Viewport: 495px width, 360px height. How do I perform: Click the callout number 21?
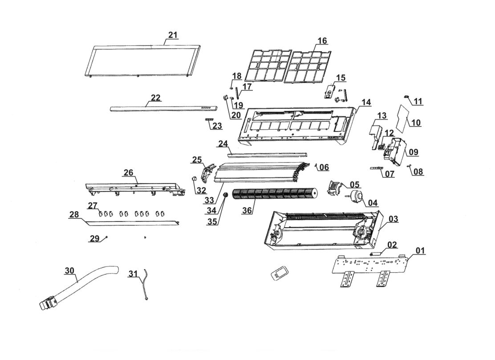point(173,35)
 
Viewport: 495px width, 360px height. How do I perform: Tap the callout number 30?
point(69,270)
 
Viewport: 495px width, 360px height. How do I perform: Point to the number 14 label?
point(365,102)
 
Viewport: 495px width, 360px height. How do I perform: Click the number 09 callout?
point(414,152)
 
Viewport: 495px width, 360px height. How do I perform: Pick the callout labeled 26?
point(128,172)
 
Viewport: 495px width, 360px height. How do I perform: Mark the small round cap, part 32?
point(194,179)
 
